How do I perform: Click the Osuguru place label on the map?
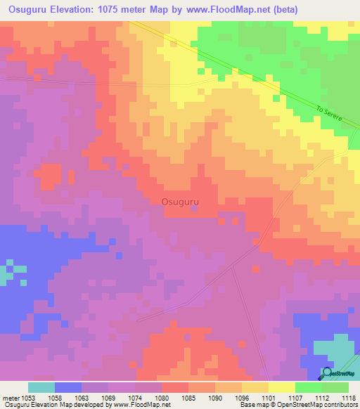180,202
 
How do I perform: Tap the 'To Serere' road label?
328,115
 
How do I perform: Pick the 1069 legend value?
108,398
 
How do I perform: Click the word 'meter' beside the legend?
10,398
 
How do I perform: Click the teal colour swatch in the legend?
41,387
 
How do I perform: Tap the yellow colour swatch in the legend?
281,387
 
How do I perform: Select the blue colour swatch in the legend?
68,387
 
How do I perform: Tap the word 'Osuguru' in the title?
26,10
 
